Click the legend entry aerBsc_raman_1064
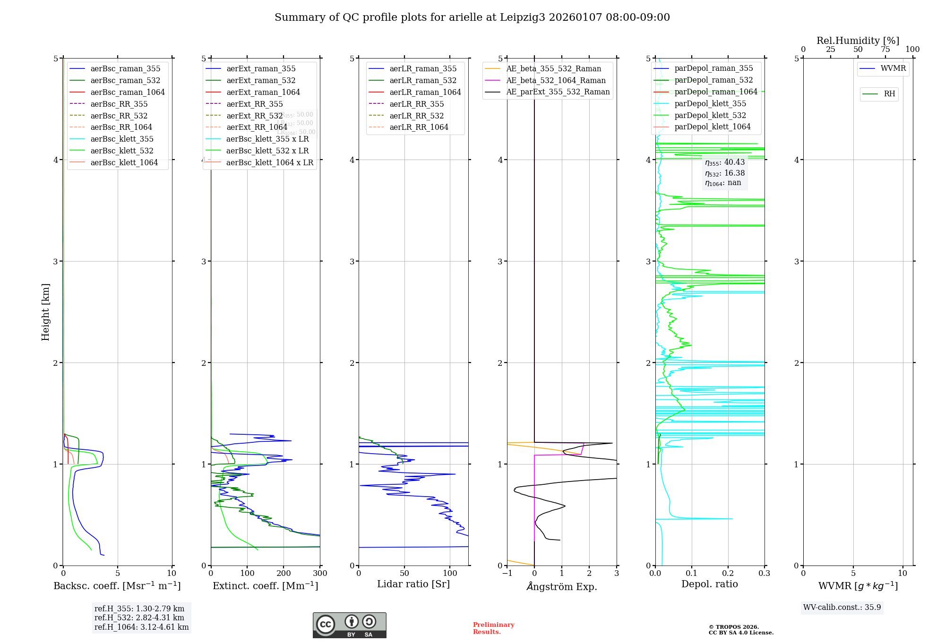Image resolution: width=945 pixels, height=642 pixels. point(128,92)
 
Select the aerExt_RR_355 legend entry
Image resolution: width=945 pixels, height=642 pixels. point(255,104)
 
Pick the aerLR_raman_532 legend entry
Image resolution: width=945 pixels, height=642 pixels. point(423,80)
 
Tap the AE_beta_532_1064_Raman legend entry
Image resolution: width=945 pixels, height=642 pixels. point(556,80)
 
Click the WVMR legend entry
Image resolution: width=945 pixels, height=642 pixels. point(893,68)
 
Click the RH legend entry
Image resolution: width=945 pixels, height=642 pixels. point(889,94)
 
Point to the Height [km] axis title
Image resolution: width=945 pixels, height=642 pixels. point(45,312)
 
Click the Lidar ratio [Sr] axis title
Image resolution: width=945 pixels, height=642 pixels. point(413,584)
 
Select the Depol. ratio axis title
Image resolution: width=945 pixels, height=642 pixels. point(709,584)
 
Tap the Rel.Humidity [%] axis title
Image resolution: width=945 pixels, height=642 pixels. point(858,41)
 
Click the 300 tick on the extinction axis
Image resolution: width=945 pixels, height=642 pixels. point(320,574)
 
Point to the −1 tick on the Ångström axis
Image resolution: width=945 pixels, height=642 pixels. point(507,574)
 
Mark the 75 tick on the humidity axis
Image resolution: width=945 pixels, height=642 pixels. point(885,50)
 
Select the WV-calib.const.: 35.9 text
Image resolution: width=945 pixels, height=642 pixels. point(842,607)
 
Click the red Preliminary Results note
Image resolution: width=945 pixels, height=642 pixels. point(493,628)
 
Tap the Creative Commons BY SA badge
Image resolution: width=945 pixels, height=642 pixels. point(349,625)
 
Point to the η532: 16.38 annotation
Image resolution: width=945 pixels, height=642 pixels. point(725,173)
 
